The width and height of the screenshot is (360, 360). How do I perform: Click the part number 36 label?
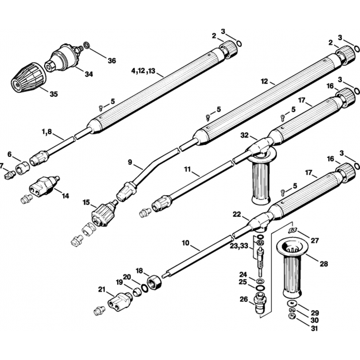coord(112,61)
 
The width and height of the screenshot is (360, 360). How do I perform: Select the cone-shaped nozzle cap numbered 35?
coord(28,77)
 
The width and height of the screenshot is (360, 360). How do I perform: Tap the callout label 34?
coord(89,74)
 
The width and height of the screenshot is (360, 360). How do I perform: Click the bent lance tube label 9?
coord(130,162)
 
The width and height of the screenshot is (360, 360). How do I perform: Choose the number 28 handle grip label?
coord(324,264)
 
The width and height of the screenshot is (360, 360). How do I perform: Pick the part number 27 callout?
coord(315,240)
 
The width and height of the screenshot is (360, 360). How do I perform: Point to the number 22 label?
coord(236,214)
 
